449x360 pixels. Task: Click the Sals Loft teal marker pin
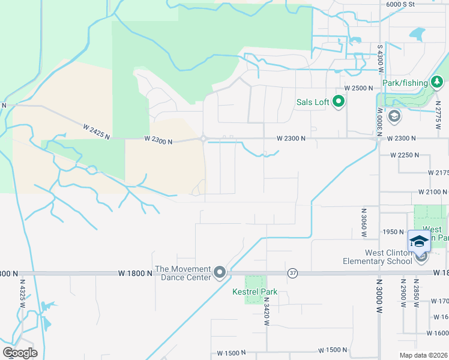[x=339, y=102]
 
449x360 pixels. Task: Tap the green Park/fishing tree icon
[x=437, y=82]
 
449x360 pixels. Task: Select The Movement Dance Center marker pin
[x=220, y=273]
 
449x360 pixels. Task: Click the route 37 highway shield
[x=292, y=272]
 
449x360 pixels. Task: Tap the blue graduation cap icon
[x=418, y=241]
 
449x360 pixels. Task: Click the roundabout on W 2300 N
[x=203, y=139]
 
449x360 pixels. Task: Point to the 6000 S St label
[x=400, y=4]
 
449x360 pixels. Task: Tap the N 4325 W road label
[x=22, y=292]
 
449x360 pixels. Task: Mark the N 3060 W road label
[x=364, y=223]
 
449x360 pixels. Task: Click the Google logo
[x=20, y=352]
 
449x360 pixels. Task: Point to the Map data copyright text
[x=424, y=355]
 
